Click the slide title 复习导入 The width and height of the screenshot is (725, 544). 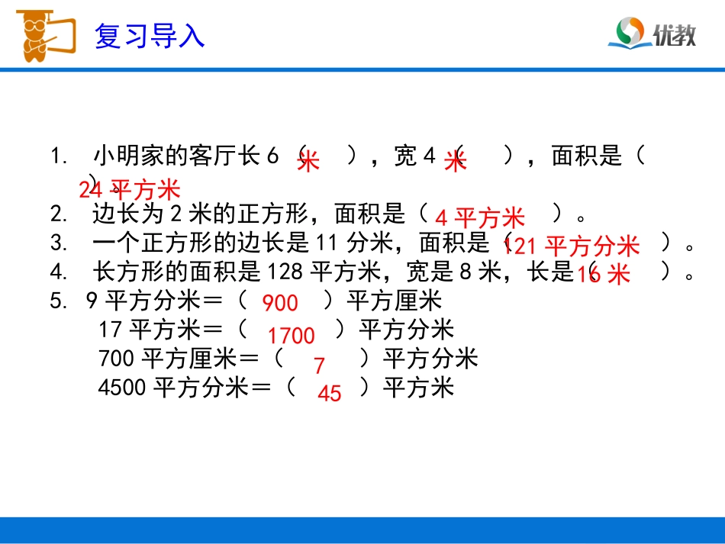pos(150,36)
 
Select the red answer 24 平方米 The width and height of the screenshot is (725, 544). pos(129,190)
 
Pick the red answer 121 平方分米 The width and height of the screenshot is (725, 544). pos(572,246)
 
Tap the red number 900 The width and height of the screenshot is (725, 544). pos(280,304)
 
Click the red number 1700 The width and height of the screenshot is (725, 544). pos(291,336)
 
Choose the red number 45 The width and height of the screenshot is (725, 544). pos(329,394)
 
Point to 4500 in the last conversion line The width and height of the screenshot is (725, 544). pos(122,388)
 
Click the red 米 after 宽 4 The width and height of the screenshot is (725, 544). pos(455,162)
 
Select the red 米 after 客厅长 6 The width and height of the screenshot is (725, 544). pos(308,162)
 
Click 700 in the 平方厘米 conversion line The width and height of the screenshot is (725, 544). pos(117,359)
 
